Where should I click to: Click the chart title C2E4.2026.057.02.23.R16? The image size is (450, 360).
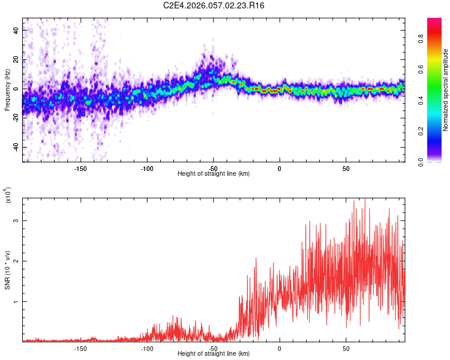(x=214, y=5)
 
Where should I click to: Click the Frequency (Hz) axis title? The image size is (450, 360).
(x=8, y=90)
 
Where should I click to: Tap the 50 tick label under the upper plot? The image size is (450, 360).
(x=346, y=167)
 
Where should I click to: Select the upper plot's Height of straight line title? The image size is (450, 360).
(x=214, y=173)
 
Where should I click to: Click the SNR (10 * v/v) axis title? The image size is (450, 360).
(x=8, y=269)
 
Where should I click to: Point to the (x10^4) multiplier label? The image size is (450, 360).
(x=8, y=196)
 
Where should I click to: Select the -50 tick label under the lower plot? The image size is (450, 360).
(x=213, y=347)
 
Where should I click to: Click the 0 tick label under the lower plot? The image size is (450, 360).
(x=280, y=347)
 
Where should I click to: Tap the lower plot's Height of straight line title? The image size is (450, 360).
(x=214, y=353)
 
